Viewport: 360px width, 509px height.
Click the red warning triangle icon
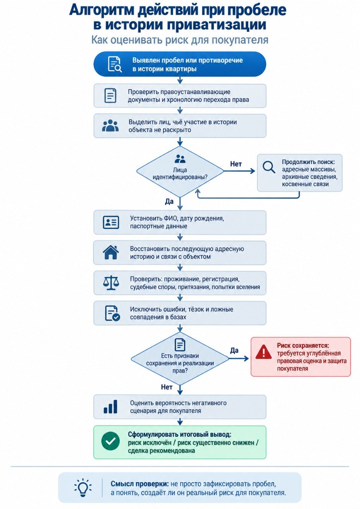[x=263, y=352]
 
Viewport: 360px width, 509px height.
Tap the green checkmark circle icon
[x=111, y=441]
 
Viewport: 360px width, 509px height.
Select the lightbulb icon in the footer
[x=83, y=488]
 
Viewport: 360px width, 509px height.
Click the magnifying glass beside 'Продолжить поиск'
[x=269, y=167]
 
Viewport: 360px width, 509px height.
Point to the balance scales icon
[x=111, y=283]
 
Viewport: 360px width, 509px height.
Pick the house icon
[x=111, y=252]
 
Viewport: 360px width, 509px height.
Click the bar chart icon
[x=111, y=407]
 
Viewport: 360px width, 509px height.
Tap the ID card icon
[x=111, y=222]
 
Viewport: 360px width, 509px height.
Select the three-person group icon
[x=111, y=125]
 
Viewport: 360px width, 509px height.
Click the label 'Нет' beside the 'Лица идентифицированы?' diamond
[x=236, y=164]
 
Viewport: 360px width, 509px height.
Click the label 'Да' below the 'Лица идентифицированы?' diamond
[x=169, y=201]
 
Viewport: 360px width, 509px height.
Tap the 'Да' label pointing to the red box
[x=234, y=350]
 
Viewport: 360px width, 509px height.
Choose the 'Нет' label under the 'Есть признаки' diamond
[x=167, y=387]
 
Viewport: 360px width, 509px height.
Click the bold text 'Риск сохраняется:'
[x=303, y=346]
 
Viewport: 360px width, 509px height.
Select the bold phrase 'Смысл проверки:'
[x=140, y=484]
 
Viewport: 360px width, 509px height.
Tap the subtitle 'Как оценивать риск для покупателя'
[x=180, y=40]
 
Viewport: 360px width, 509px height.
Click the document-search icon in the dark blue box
[x=115, y=64]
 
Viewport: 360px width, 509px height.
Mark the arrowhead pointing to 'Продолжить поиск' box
[x=253, y=171]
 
